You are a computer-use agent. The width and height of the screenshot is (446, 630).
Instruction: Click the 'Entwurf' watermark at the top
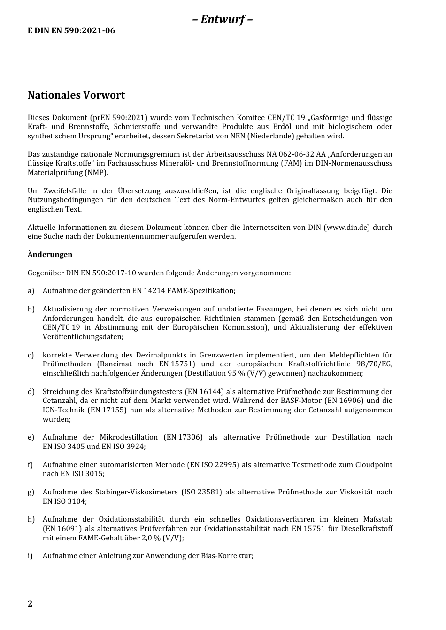tap(223, 19)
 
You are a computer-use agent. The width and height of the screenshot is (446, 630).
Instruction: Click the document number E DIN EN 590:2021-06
tap(71, 31)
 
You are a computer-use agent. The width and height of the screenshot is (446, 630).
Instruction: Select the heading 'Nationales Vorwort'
tap(76, 95)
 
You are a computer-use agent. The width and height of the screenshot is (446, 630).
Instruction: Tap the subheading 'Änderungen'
tap(50, 255)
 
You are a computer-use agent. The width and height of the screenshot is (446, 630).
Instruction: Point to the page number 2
tap(30, 604)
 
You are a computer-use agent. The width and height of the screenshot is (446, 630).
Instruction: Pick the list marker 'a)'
tap(31, 291)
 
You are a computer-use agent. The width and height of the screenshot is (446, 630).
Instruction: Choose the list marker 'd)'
tap(31, 392)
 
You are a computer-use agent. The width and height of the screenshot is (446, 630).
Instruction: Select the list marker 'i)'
tap(31, 556)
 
